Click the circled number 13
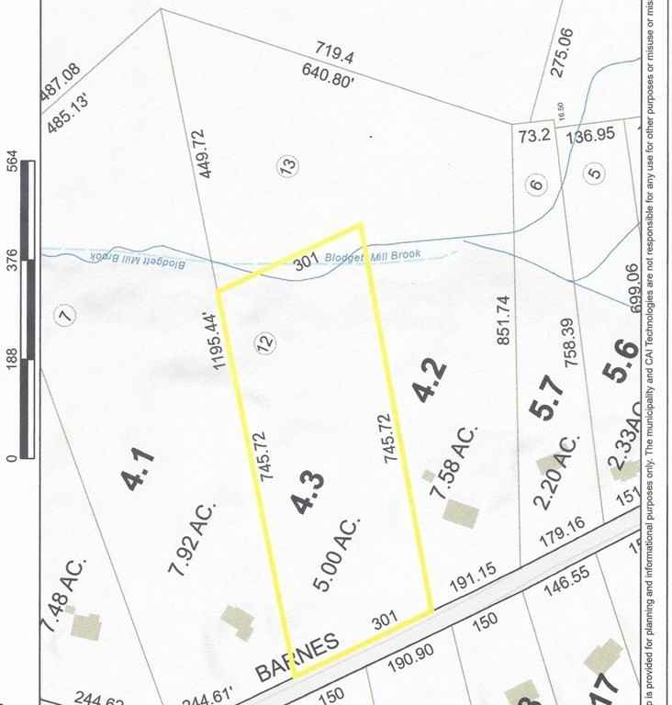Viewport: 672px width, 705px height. click(x=287, y=167)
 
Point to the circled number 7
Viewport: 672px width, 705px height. click(x=63, y=315)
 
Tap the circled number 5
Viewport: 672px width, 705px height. click(x=595, y=172)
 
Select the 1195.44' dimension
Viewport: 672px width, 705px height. click(x=221, y=341)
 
